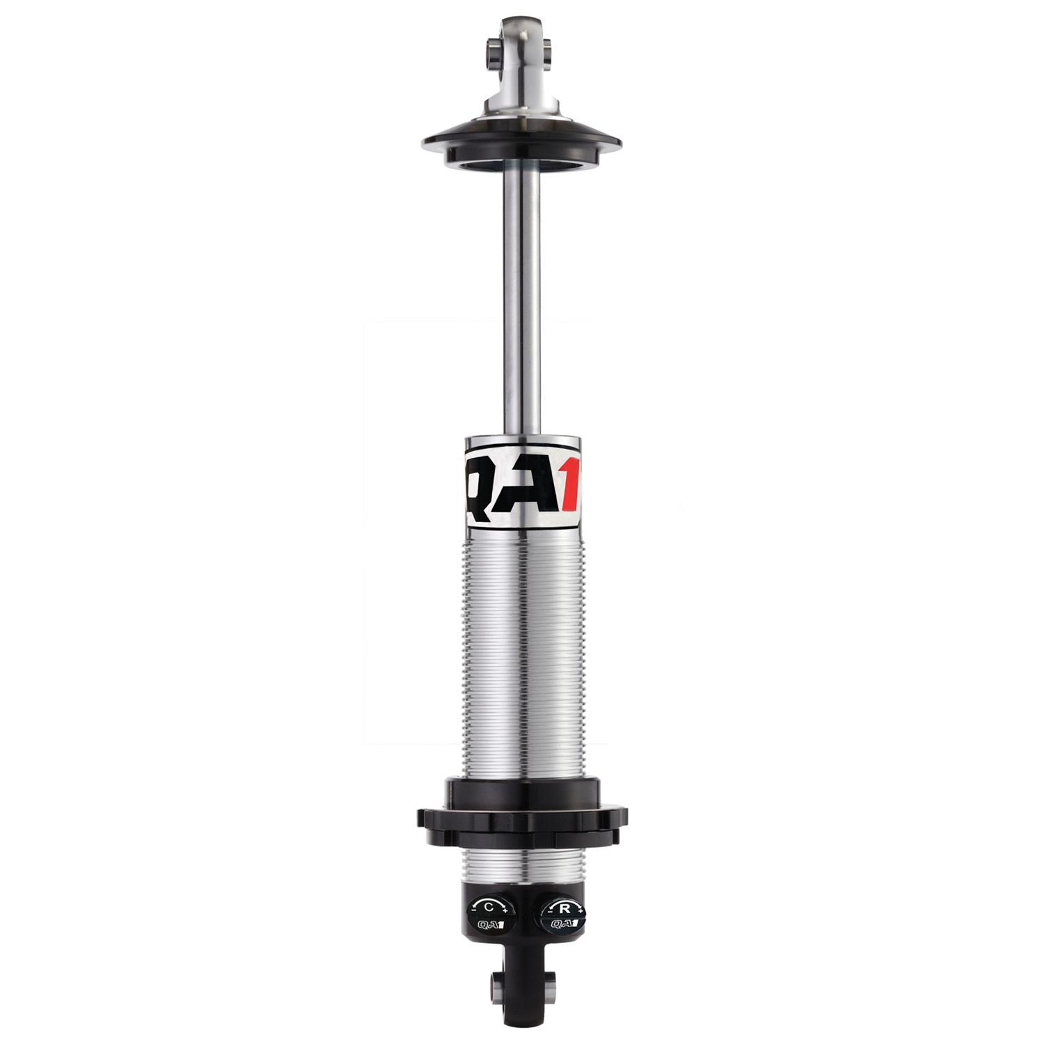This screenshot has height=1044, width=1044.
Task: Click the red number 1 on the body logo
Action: point(569,484)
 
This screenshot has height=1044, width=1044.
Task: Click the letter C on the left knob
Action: point(489,907)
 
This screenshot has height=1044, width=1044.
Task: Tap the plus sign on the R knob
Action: point(580,911)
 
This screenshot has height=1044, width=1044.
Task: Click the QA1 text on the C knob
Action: point(490,924)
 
